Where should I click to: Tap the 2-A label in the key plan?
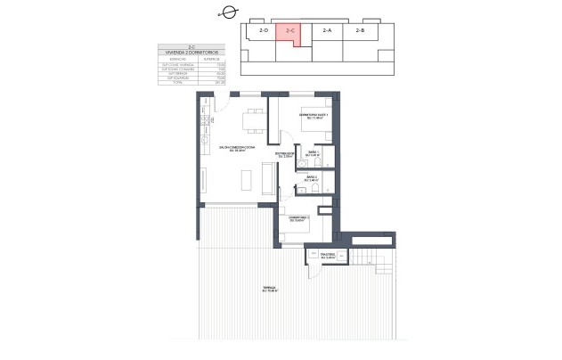pos(327,31)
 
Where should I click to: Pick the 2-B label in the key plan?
pos(360,31)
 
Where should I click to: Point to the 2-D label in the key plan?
pos(264,31)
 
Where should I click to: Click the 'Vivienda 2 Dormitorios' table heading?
pos(191,53)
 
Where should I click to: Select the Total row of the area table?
pos(191,83)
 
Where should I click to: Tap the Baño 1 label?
pos(313,153)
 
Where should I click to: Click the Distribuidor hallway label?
pos(284,155)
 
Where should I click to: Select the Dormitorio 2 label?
pos(297,218)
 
